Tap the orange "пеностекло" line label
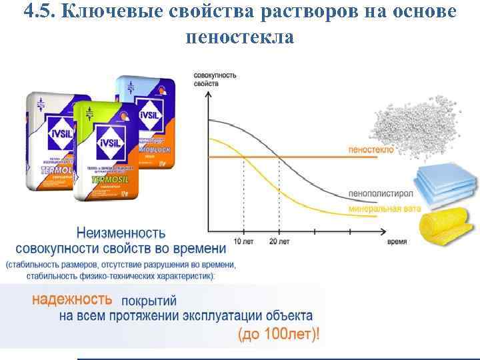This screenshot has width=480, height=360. pos(371,150)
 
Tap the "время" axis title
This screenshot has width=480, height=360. pos(397,241)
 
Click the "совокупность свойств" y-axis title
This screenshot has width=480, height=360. pos(215,79)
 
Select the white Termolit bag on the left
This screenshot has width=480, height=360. pos(53,140)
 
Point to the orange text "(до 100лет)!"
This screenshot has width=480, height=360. pos(278,334)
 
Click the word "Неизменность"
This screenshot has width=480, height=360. pos(121,233)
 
